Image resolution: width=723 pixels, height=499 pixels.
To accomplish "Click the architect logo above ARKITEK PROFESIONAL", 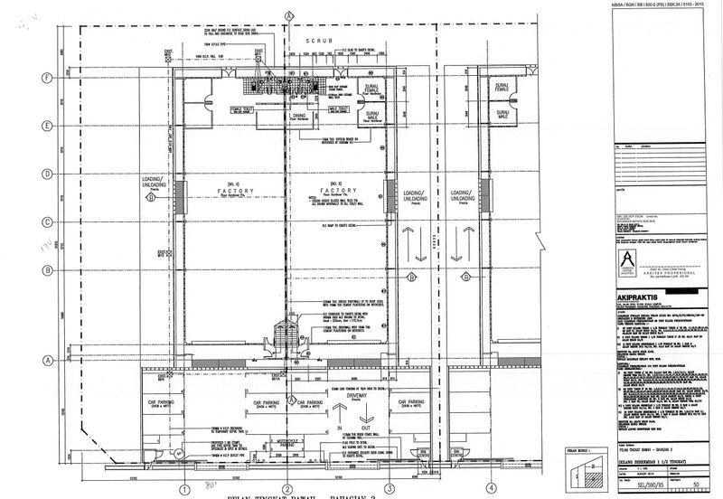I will coord(626,260).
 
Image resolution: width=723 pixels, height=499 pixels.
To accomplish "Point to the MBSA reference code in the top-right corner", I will coord(659,5).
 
